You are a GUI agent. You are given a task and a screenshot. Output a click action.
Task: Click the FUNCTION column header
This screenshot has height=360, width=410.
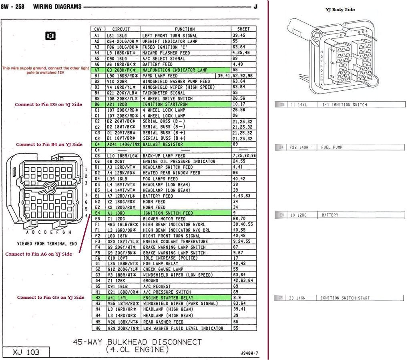[185, 29]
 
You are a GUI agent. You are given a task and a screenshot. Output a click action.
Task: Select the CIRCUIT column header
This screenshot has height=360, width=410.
[121, 29]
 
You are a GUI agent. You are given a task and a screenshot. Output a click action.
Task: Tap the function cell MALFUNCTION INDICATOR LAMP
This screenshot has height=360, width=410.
[175, 70]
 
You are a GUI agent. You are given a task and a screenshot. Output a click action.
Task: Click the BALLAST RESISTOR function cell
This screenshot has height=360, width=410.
[163, 144]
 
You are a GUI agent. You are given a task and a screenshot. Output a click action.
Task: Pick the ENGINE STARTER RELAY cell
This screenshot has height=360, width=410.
[168, 298]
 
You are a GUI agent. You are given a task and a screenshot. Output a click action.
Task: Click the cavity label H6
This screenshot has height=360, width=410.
[97, 328]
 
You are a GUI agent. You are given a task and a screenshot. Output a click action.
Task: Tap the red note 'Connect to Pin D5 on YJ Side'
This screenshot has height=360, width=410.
[48, 104]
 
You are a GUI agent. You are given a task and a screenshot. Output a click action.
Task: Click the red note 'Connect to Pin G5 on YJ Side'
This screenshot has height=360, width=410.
[50, 298]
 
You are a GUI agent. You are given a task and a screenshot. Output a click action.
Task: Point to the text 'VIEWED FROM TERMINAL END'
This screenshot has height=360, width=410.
[47, 243]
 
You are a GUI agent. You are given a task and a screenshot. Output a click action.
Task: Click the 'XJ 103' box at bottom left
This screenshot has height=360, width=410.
[26, 352]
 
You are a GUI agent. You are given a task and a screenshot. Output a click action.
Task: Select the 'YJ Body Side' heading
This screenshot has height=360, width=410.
[340, 10]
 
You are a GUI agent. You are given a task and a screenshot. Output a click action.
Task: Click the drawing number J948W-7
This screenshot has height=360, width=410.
[249, 353]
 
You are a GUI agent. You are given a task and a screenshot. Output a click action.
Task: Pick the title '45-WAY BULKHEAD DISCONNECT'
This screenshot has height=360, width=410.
[137, 342]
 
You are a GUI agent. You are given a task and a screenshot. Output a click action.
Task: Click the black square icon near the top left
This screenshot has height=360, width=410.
[50, 36]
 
